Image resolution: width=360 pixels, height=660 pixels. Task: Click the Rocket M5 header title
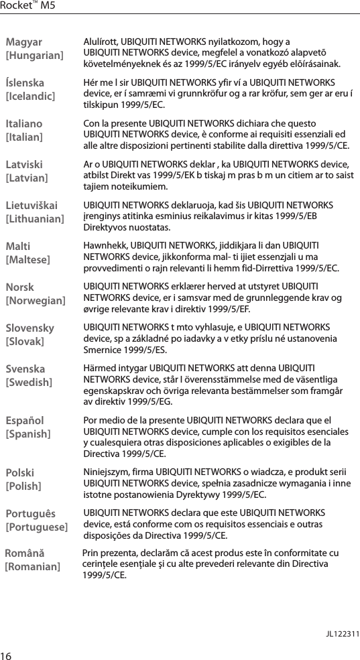(27, 6)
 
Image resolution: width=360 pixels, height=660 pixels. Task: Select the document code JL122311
(343, 633)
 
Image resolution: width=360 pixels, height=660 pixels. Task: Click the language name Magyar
(24, 42)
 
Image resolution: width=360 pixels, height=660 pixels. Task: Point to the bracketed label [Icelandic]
(30, 96)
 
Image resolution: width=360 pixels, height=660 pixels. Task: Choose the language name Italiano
(24, 124)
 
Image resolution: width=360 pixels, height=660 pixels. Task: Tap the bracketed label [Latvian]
(27, 178)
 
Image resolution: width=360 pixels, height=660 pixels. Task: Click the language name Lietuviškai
(32, 205)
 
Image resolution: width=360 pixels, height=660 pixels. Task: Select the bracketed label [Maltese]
(27, 259)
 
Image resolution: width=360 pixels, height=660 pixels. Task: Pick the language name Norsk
(20, 287)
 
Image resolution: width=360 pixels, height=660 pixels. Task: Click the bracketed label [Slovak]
(25, 342)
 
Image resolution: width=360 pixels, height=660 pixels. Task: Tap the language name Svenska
(25, 369)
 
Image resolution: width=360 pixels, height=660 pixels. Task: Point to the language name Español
(25, 421)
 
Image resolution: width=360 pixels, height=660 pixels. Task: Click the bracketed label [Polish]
(23, 486)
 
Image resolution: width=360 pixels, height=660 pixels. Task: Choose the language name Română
(25, 553)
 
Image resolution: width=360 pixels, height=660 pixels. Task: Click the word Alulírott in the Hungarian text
(102, 42)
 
